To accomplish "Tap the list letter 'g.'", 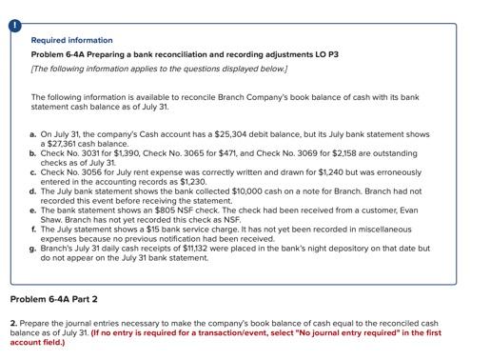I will pos(33,248).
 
